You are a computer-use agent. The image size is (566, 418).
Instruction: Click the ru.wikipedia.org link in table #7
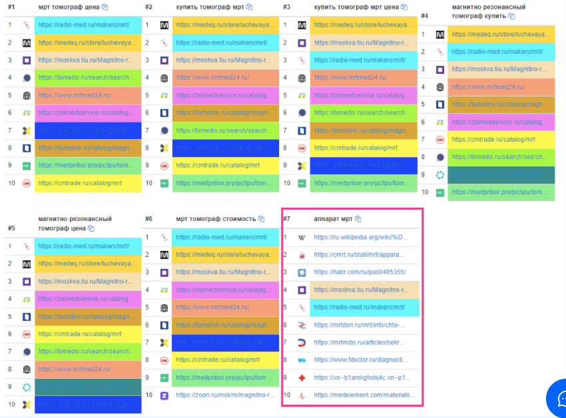(x=360, y=237)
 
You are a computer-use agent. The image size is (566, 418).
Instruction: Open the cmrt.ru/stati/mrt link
(x=360, y=255)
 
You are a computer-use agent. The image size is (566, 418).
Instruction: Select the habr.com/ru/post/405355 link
(x=360, y=272)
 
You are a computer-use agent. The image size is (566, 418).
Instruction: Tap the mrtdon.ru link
(x=359, y=325)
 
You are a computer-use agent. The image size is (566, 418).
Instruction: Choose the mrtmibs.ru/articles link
(x=360, y=343)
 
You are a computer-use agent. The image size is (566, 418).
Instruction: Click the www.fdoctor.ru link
(x=360, y=360)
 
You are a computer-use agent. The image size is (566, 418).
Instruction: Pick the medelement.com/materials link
(x=360, y=395)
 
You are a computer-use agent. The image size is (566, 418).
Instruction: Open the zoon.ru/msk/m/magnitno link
(x=225, y=395)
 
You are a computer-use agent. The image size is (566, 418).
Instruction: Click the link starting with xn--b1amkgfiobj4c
(x=360, y=377)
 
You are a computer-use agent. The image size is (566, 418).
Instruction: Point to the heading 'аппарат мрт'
(x=333, y=219)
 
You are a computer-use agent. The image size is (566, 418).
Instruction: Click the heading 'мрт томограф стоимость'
(x=216, y=219)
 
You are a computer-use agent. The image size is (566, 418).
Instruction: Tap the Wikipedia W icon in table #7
(x=301, y=238)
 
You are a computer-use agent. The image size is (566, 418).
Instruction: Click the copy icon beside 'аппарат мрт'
(x=358, y=219)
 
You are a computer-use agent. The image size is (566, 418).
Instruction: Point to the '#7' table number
(x=286, y=219)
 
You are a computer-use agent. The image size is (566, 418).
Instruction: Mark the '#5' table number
(x=11, y=227)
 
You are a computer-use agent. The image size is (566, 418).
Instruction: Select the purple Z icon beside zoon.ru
(x=164, y=395)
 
